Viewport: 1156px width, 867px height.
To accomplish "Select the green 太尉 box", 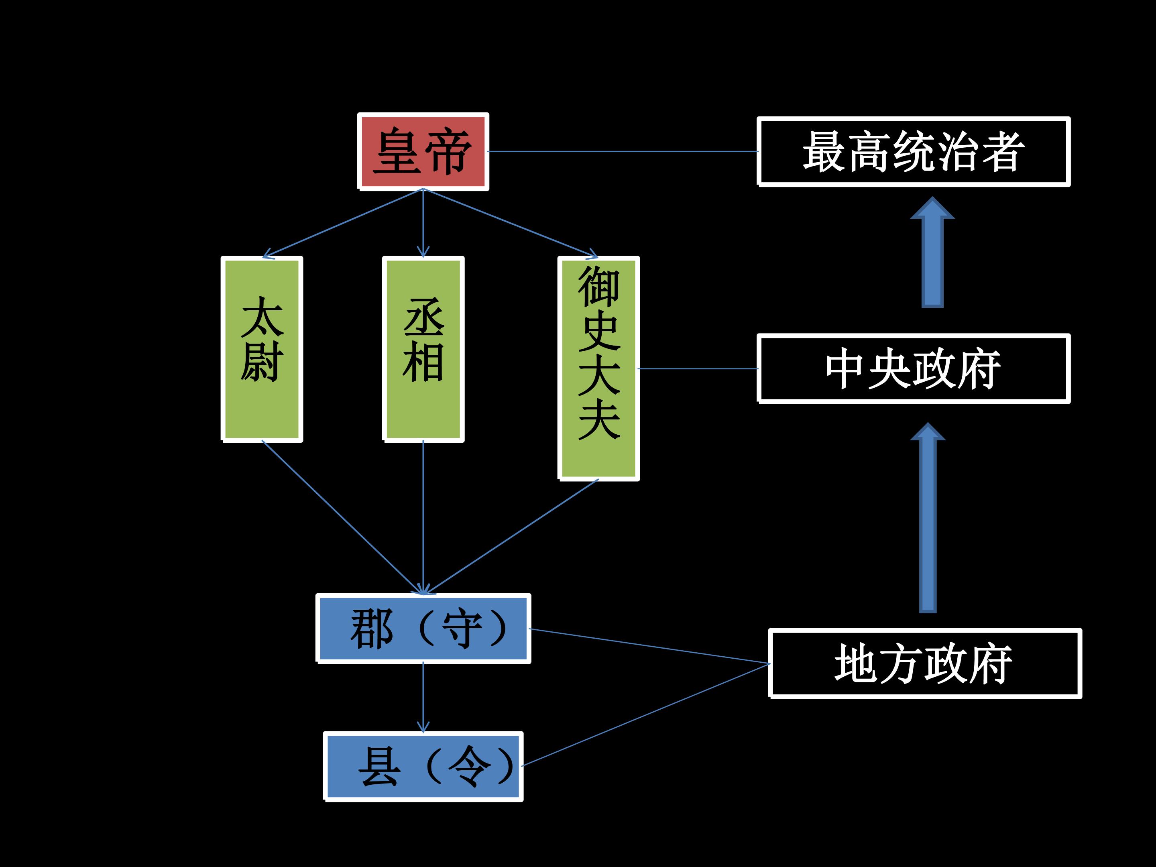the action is (262, 349).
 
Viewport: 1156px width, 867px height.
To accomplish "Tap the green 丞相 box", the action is (423, 349).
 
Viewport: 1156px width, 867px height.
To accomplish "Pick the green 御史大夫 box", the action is (599, 368).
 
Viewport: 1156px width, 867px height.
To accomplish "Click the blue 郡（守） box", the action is (423, 629).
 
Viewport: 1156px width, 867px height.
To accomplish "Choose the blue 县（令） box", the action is (423, 767).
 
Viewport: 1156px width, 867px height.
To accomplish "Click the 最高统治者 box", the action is (914, 152).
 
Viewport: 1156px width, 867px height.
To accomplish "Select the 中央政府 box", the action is (914, 368).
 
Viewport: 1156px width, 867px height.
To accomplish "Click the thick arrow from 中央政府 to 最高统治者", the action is (932, 252).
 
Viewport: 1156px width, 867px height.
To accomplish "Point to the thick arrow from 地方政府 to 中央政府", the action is (928, 518).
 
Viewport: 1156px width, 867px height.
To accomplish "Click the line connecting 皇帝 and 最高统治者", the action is (623, 152).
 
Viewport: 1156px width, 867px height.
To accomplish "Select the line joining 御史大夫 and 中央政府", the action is (698, 368).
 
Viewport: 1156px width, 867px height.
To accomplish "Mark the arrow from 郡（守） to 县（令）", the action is (423, 697).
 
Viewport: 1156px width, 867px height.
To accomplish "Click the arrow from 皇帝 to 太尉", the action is (343, 223).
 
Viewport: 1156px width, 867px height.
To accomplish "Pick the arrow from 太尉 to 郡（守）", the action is (343, 517).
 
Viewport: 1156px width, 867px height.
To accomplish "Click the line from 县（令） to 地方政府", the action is (646, 715).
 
